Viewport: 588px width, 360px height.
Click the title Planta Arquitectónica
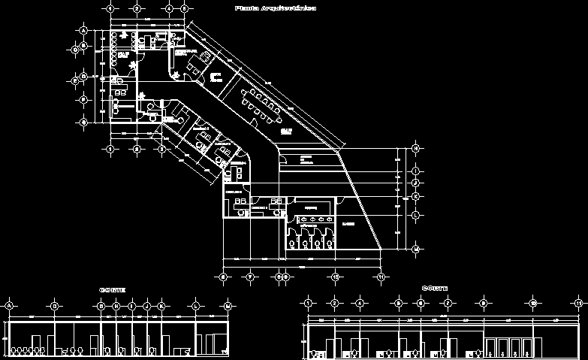click(275, 8)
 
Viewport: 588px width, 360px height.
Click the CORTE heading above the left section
click(112, 289)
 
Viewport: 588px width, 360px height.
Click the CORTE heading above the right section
click(435, 288)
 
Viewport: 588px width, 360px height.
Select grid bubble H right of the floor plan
click(415, 149)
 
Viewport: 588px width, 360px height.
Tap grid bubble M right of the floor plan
click(415, 248)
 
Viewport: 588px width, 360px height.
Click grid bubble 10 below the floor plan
click(335, 277)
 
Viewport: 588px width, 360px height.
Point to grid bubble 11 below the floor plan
click(381, 277)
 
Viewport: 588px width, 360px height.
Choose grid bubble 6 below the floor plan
click(223, 277)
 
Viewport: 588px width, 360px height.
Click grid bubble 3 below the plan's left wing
click(161, 149)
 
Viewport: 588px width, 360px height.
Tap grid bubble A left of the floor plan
click(83, 30)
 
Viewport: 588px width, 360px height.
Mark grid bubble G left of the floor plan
click(84, 121)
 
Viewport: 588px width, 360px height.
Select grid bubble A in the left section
click(9, 307)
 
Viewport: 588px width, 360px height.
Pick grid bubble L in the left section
click(196, 307)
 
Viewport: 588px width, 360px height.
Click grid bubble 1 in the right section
click(308, 303)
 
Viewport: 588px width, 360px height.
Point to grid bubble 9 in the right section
click(484, 303)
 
